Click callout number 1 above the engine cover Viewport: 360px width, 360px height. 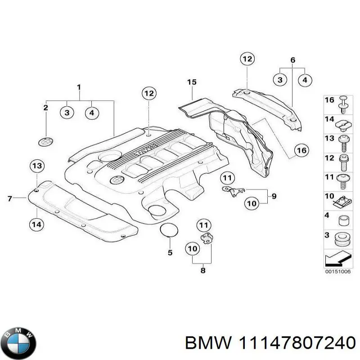[x=79, y=87]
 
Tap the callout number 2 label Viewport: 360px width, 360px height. [x=45, y=107]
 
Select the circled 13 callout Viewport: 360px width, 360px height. [x=38, y=166]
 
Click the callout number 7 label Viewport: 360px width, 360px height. [x=10, y=198]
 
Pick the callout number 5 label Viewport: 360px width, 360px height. [x=170, y=252]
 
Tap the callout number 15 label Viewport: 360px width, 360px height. [x=192, y=82]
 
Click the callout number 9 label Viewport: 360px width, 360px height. [x=274, y=196]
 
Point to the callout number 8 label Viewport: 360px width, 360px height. [x=203, y=270]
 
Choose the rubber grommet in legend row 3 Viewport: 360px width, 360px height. [x=343, y=239]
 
